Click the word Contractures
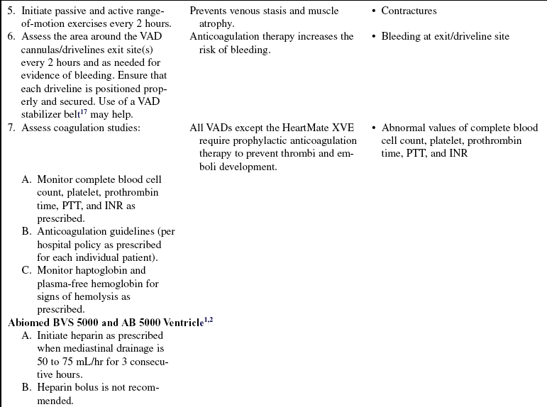[x=409, y=11]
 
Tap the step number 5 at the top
[x=11, y=11]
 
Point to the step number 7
[x=11, y=128]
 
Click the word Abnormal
[x=404, y=128]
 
